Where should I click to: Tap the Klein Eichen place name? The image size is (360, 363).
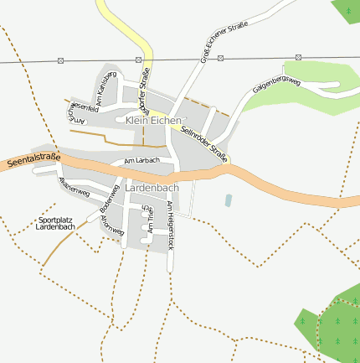[x=152, y=121]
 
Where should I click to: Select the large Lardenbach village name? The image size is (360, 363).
[x=152, y=189]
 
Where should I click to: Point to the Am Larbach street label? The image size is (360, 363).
[x=141, y=160]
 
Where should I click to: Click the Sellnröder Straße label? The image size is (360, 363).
[x=204, y=140]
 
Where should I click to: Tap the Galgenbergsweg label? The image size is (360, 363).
[x=276, y=83]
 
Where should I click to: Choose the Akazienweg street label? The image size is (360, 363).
[x=74, y=186]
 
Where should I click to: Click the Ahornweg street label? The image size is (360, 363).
[x=112, y=223]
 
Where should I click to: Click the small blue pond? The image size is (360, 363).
[x=229, y=200]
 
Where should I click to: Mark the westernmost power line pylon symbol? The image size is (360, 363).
[x=60, y=60]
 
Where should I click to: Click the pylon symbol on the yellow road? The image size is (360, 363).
[x=138, y=60]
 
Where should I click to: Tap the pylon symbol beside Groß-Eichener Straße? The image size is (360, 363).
[x=221, y=59]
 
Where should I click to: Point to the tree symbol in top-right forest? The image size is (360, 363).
[x=347, y=11]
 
